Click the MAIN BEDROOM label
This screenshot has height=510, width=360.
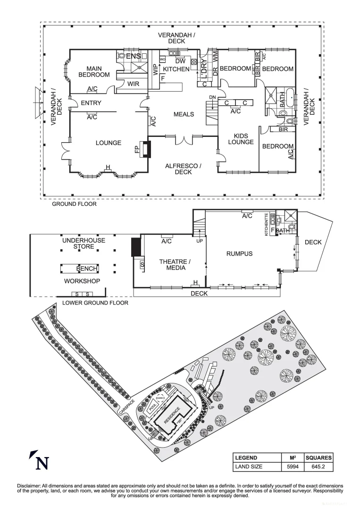pos(94,72)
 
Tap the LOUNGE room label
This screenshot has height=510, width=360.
pos(109,143)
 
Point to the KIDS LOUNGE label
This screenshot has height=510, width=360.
pos(241,139)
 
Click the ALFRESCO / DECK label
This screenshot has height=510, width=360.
pos(183,169)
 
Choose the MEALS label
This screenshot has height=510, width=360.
pos(184,115)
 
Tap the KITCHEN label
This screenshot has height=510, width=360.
pos(176,69)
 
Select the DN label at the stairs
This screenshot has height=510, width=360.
pos(212,97)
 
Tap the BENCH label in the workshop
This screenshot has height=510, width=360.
pos(87,269)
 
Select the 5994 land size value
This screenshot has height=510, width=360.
pos(292,467)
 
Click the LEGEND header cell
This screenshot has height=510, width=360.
pos(246,458)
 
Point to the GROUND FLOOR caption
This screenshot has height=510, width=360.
pos(74,204)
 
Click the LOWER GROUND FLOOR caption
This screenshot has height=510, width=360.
pos(95,303)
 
